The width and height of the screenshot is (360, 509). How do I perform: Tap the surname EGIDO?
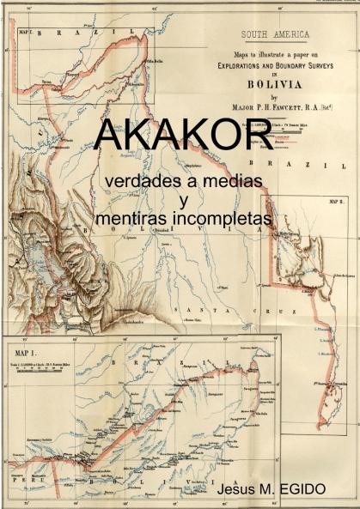pos(304,488)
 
